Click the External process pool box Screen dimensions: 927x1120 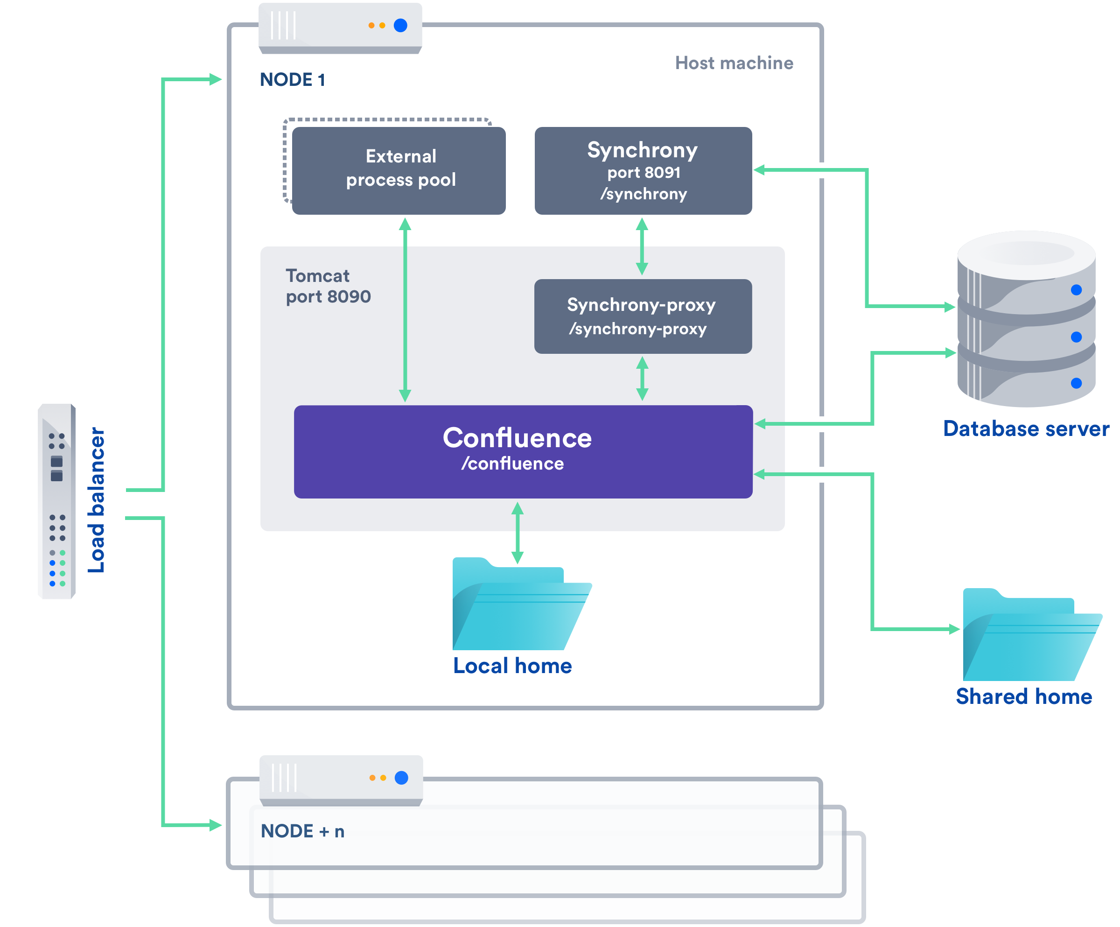399,170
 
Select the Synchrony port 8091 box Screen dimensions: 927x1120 643,170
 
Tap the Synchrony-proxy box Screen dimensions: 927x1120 643,316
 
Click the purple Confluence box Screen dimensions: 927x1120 523,451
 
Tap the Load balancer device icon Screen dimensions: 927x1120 56,501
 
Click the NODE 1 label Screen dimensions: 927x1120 292,80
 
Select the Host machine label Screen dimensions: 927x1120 734,63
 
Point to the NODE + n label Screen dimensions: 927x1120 302,831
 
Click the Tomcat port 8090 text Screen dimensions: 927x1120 328,286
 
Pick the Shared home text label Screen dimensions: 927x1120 1024,696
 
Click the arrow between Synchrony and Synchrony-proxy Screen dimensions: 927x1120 642,246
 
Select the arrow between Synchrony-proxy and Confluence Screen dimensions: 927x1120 642,379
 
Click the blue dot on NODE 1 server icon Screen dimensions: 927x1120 400,25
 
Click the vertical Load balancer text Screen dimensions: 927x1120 97,500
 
